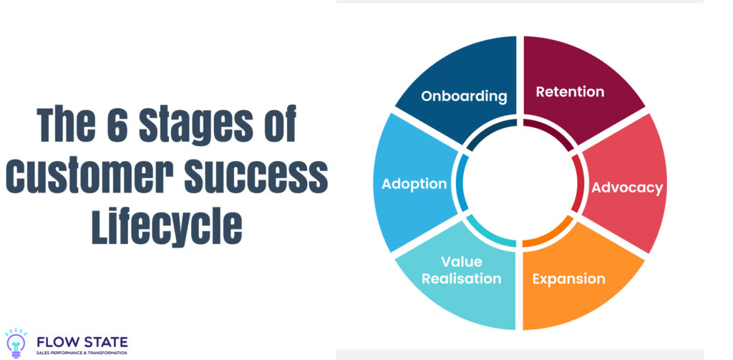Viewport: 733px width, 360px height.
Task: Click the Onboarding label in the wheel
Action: coord(464,96)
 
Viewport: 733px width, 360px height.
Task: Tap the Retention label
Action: coord(570,92)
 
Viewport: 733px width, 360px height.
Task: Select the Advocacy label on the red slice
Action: coord(627,188)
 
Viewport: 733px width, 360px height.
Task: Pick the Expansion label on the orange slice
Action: coord(568,278)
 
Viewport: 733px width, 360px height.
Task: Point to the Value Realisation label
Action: coord(461,271)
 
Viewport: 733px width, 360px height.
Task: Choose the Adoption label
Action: coord(414,184)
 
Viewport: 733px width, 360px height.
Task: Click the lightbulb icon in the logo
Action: coord(15,343)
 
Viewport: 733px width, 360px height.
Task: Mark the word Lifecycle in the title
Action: coord(166,226)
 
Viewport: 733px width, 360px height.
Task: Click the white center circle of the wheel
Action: coord(520,183)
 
